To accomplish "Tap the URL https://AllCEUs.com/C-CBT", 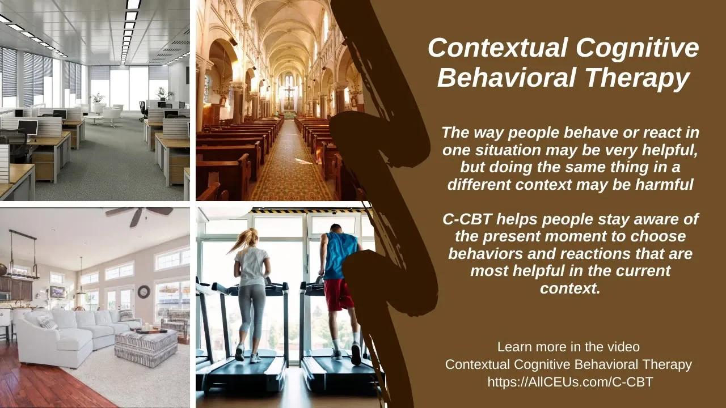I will point(570,382).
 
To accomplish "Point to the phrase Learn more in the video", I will point(568,346).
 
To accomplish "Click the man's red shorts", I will point(339,294).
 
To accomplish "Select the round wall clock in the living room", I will point(143,292).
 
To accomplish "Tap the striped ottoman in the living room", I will point(146,347).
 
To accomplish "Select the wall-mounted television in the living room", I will point(57,292).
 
